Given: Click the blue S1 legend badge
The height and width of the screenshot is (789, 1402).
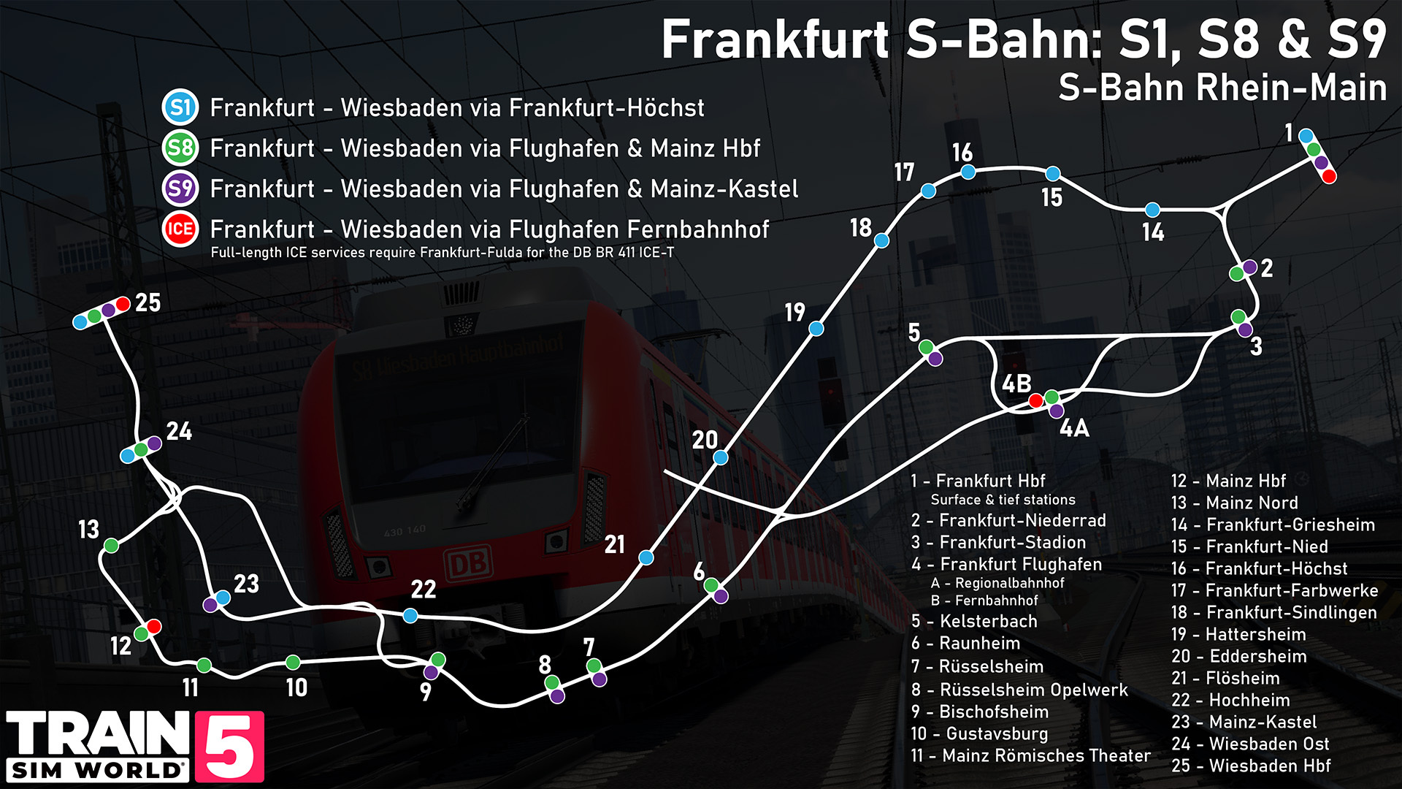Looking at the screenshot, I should pos(180,107).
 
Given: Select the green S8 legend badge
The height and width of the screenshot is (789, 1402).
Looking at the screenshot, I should pos(180,148).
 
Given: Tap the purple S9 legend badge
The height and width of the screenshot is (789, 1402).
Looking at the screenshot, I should pos(180,188).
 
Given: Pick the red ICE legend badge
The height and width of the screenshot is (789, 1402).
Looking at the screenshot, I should pos(180,229).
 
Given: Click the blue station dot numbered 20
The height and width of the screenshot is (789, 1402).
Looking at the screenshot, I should pos(721,457).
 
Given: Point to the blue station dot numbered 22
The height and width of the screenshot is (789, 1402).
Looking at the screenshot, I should pos(410,615).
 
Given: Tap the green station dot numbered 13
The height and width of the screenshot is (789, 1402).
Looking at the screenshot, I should pos(111,545).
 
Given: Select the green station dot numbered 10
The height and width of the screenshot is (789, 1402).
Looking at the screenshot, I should pos(293,662).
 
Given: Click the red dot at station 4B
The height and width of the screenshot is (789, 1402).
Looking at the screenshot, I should pos(1035,400).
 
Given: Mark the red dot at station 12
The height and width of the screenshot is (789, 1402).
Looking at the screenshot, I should pos(153,626).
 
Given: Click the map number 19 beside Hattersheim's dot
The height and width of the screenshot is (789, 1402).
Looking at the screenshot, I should pos(795,313).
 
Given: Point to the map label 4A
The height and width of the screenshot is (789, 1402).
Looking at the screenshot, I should pos(1074,428).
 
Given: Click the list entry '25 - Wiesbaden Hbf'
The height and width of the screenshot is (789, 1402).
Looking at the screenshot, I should pos(1250,766).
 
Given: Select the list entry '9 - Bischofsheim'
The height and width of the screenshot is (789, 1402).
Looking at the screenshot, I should pos(979,712).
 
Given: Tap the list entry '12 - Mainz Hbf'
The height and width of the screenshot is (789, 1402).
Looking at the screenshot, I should pos(1227,481).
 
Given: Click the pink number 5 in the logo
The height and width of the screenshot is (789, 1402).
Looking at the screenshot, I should pos(229,747).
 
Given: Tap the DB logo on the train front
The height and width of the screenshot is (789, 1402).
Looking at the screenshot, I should pos(468,564).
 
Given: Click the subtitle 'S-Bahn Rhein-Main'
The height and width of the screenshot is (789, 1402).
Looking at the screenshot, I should pos(1222,88).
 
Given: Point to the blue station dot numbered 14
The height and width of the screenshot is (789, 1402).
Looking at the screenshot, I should pos(1152,210).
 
